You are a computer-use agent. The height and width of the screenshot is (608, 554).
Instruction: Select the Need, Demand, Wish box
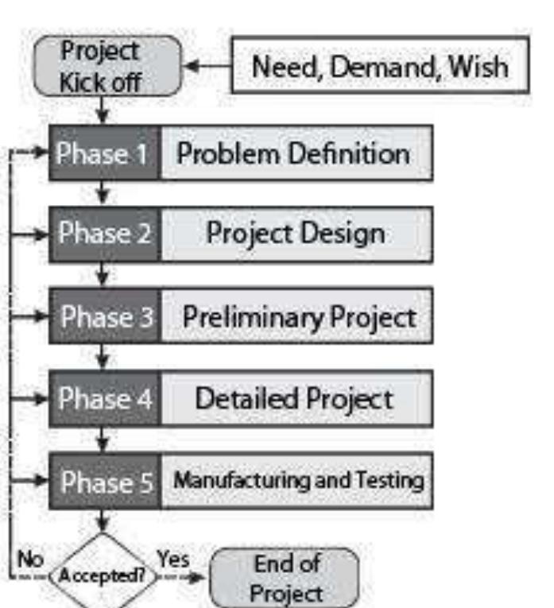(380, 65)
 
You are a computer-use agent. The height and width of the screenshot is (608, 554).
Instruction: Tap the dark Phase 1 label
(103, 153)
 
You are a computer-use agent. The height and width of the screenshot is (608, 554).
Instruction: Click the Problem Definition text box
(296, 153)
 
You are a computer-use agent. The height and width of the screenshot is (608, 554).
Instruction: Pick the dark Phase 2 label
(103, 234)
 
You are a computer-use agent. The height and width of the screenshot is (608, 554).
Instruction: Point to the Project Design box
(296, 234)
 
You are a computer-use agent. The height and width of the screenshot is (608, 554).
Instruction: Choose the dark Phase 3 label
(103, 317)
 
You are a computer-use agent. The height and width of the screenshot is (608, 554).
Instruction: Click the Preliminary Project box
(296, 317)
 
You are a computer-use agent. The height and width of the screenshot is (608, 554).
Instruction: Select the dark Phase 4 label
(103, 399)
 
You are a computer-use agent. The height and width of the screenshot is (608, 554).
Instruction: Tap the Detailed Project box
(296, 399)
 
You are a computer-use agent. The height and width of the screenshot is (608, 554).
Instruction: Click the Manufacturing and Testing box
(296, 481)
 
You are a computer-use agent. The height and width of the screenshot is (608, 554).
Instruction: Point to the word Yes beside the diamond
(173, 559)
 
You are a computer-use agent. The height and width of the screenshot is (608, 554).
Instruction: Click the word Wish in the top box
(477, 66)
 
